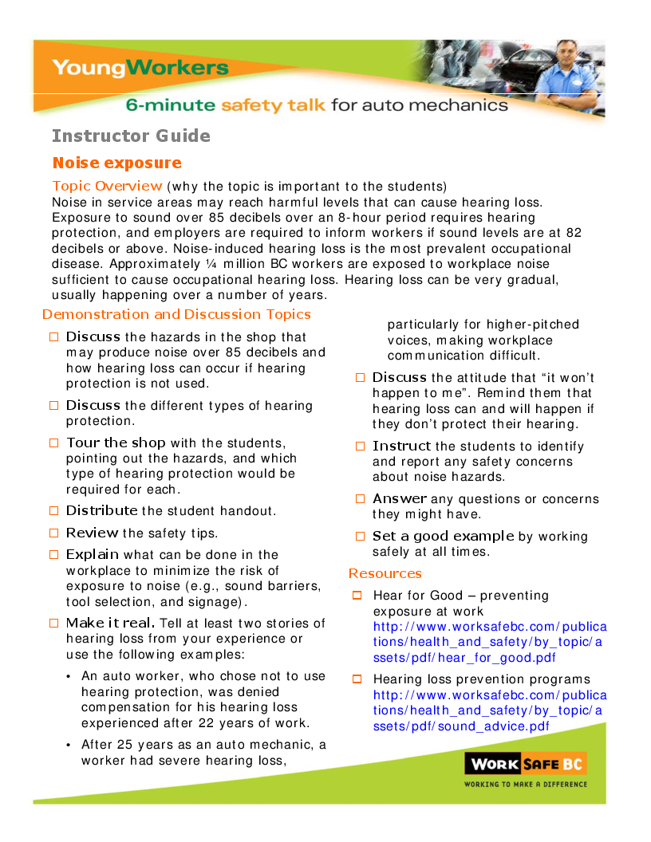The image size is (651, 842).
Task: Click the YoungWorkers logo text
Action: coord(140,68)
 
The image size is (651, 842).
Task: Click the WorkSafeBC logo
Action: coord(525,764)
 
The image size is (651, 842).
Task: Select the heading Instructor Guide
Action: coord(131,136)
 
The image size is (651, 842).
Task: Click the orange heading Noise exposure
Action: coord(116,163)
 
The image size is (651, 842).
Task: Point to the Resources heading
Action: coord(385,573)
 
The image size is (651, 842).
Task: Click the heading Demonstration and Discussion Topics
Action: coord(176,314)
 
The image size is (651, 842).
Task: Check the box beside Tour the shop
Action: coord(53,443)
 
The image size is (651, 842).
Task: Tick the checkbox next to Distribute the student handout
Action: coord(53,510)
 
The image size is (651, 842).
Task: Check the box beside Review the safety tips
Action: coord(53,533)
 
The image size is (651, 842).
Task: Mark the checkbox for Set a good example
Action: coord(360,536)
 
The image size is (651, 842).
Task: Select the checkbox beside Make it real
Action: coord(53,623)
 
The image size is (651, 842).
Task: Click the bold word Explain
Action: coord(93,554)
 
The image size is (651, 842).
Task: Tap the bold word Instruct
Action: coord(401,446)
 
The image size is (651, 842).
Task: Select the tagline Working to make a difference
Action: coord(525,784)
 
